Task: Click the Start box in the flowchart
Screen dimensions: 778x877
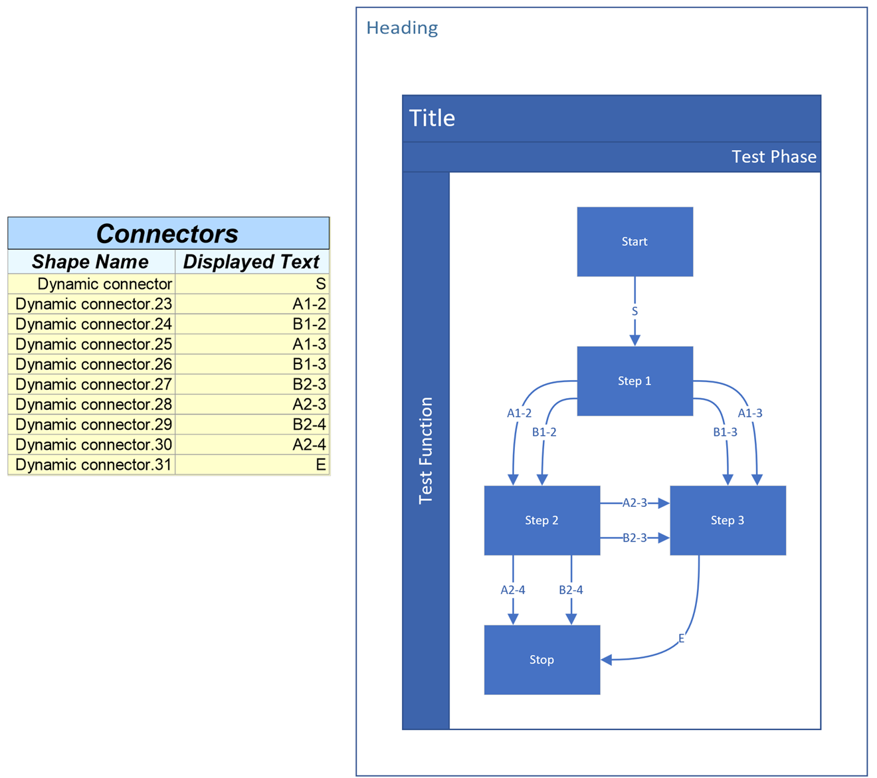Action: pos(634,241)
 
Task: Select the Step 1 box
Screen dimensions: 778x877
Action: pos(634,381)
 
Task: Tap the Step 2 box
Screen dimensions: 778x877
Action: pos(541,520)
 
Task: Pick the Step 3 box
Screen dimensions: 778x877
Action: pos(728,520)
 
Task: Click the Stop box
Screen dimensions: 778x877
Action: pos(541,660)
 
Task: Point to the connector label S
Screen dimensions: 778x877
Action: pos(634,311)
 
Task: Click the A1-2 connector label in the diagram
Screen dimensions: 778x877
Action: pos(519,413)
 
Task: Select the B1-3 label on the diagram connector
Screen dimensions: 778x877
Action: pos(725,432)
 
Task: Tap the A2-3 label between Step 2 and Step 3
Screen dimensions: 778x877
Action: pos(634,503)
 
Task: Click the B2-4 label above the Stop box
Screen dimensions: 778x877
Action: pos(571,590)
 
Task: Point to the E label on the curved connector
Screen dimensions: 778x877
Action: pos(681,638)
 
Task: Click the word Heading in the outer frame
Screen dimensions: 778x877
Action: pos(402,28)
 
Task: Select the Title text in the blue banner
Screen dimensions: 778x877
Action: pos(432,118)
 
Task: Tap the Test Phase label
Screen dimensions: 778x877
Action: pos(773,157)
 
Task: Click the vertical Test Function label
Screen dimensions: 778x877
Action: pos(426,450)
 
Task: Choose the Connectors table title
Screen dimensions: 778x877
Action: pos(167,233)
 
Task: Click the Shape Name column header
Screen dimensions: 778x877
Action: pos(90,262)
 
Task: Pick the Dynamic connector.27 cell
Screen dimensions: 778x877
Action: pos(93,384)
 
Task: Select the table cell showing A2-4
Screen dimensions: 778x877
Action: pos(309,444)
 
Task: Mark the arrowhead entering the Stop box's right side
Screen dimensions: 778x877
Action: pos(606,660)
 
